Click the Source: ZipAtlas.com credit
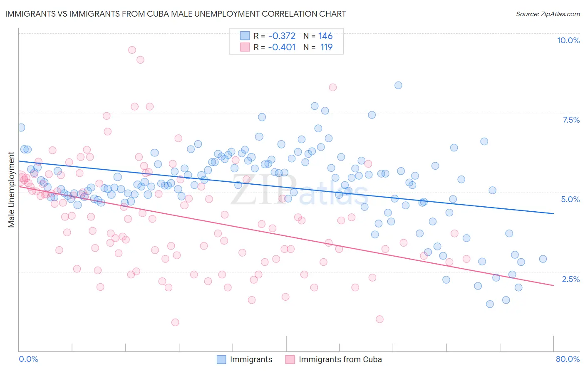[548, 14]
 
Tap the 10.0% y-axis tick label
[568, 40]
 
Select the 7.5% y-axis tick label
[571, 120]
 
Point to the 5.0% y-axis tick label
[570, 199]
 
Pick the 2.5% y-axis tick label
[570, 279]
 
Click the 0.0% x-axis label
[28, 359]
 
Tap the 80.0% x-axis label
[568, 359]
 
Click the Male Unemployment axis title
[12, 190]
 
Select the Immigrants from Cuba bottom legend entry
[340, 359]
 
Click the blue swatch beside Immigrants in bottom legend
[222, 359]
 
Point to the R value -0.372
[282, 36]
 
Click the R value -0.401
[282, 47]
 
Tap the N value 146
[325, 36]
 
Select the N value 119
[326, 47]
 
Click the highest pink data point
[132, 50]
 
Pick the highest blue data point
[398, 85]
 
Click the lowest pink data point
[175, 322]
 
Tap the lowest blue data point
[490, 304]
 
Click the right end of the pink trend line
[553, 285]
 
